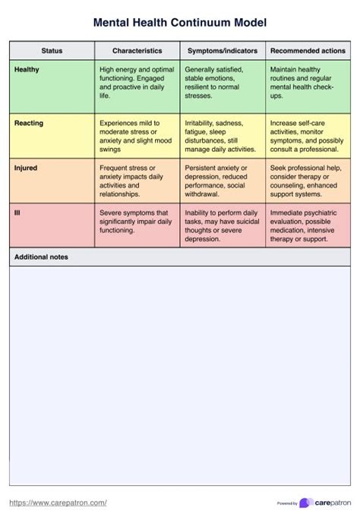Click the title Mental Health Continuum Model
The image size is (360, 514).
pyautogui.click(x=180, y=23)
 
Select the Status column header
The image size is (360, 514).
pyautogui.click(x=52, y=51)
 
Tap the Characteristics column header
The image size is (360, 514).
pyautogui.click(x=137, y=51)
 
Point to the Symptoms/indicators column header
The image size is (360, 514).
pyautogui.click(x=223, y=51)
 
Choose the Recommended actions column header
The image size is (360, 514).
pyautogui.click(x=308, y=51)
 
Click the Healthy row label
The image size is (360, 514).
pyautogui.click(x=27, y=70)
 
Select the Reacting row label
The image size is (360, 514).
pyautogui.click(x=29, y=123)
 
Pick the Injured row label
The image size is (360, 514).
pyautogui.click(x=26, y=168)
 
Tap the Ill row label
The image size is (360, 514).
pyautogui.click(x=17, y=213)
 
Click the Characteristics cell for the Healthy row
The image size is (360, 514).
pyautogui.click(x=137, y=83)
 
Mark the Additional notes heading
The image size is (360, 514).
pyautogui.click(x=41, y=257)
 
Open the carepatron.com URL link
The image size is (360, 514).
pyautogui.click(x=58, y=503)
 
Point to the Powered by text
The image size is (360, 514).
pyautogui.click(x=287, y=503)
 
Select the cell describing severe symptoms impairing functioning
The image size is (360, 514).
pyautogui.click(x=137, y=221)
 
